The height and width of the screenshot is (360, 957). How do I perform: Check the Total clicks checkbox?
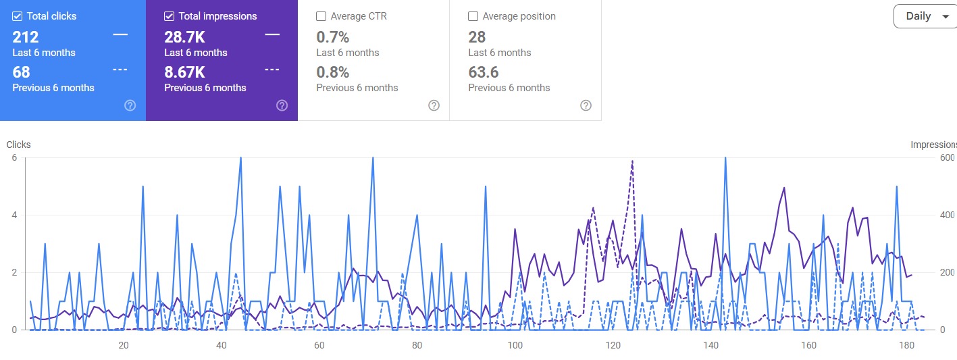click(18, 16)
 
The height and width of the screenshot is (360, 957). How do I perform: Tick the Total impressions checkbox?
click(170, 16)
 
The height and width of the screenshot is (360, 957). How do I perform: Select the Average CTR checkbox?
click(321, 16)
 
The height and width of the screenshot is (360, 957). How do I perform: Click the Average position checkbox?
click(473, 16)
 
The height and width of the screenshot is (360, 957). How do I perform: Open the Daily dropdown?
click(925, 16)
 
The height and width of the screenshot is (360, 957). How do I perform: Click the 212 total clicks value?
click(26, 37)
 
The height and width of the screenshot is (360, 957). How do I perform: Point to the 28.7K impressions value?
click(184, 37)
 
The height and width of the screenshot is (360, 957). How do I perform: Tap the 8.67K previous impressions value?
click(184, 72)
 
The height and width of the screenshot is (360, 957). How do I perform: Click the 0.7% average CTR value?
click(332, 37)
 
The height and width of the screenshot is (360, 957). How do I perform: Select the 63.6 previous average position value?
click(483, 72)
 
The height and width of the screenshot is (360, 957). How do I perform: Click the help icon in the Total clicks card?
click(130, 105)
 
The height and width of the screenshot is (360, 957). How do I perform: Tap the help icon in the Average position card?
click(586, 105)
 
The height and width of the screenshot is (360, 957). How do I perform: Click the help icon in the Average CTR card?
click(434, 105)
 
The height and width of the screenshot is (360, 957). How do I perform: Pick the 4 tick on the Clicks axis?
click(14, 215)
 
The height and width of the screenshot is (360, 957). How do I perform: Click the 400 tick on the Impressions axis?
click(947, 215)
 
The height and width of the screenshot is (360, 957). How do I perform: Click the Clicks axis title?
click(18, 145)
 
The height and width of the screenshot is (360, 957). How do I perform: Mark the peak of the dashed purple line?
click(632, 161)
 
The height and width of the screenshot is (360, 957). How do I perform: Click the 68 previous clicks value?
click(21, 72)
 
